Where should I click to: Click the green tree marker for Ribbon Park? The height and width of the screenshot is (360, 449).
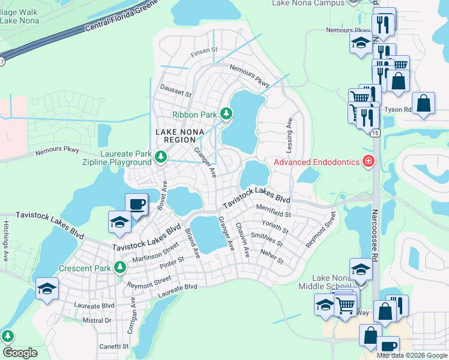pos(226,113)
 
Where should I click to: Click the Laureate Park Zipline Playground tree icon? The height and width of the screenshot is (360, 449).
pos(160,157)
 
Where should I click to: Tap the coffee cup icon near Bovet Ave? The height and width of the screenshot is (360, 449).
pos(136,205)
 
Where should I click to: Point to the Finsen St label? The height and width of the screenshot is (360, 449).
pos(203,53)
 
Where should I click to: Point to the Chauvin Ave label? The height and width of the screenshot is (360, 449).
pos(243,240)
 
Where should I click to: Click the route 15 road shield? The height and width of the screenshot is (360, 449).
pos(375,133)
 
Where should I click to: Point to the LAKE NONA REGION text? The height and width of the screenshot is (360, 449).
pos(180,136)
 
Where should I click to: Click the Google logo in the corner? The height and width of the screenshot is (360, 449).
pos(20,353)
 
